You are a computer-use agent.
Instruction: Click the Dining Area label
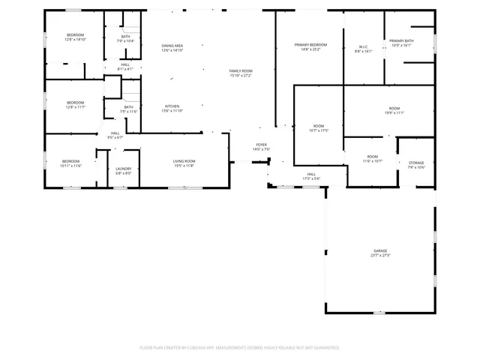tap(172, 46)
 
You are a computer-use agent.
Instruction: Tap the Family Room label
tap(241, 70)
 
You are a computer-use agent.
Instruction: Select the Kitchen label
tap(172, 106)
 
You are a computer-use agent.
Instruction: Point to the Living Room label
tap(184, 161)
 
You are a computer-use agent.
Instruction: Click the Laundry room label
tap(123, 169)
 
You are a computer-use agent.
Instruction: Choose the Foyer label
tap(261, 145)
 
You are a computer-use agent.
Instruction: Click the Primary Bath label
tap(401, 41)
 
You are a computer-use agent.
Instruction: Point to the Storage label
tap(416, 163)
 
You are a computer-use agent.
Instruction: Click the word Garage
tap(380, 250)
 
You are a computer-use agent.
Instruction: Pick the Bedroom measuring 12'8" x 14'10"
tap(76, 36)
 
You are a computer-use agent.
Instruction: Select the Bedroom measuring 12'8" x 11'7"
tap(75, 103)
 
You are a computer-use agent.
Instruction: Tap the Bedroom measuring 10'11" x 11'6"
tap(71, 161)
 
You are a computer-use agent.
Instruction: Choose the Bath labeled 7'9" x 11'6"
tap(129, 107)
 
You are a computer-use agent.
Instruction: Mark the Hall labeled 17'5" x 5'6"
tap(311, 174)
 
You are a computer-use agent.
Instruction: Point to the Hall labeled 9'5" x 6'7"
tap(115, 133)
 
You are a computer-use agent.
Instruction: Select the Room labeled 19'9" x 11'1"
tap(394, 109)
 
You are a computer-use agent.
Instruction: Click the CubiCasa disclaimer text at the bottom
tap(240, 348)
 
